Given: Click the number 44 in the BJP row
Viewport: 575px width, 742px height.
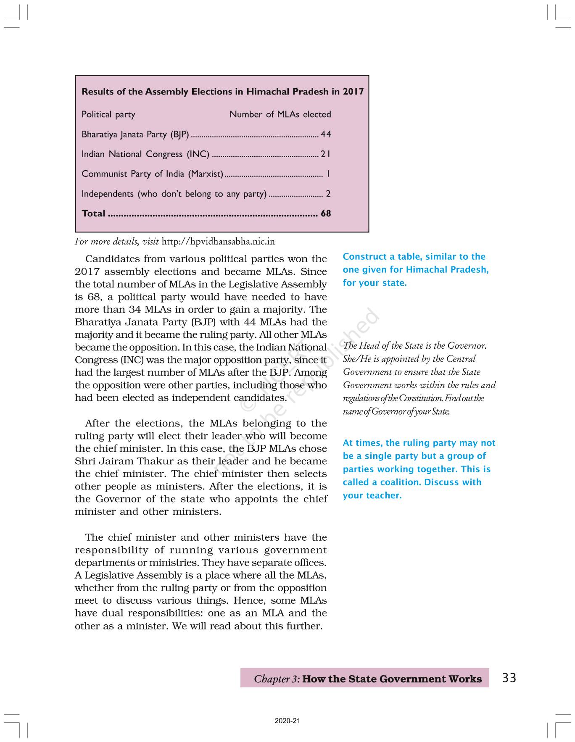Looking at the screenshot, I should (326, 134).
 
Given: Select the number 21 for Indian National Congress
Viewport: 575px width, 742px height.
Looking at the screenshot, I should (326, 154).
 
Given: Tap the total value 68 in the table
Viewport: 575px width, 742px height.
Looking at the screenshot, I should (326, 213).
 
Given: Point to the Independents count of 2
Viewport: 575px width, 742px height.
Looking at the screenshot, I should (328, 194).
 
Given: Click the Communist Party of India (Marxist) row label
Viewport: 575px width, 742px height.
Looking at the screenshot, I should (152, 174).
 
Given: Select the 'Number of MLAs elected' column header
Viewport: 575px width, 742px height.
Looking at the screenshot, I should (280, 114).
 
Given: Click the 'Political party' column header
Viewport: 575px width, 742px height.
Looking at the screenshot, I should (108, 114).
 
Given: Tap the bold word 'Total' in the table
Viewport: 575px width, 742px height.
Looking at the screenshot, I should (93, 213).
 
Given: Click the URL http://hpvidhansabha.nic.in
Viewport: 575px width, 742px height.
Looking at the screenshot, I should (218, 242).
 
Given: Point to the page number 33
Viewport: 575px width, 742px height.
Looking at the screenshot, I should (509, 678).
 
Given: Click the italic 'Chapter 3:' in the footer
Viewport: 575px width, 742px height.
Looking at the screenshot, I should (277, 679).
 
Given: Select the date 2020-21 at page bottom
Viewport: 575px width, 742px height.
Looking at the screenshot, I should (287, 721).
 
